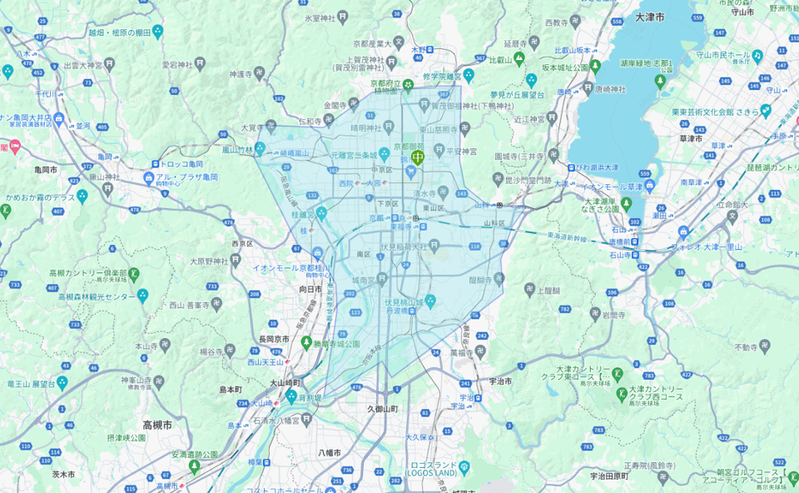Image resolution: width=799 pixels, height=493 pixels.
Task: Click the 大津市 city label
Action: coord(649,17)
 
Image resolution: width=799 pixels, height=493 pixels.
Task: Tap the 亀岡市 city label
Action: coord(41,169)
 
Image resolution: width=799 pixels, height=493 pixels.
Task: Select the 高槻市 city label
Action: coord(156,424)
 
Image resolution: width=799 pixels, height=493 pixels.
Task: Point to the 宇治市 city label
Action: coord(499,381)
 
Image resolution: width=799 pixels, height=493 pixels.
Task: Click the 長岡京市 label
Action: coord(274,339)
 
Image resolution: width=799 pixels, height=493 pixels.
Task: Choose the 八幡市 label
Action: coord(330,452)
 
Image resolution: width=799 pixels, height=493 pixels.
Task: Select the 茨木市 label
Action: coord(63,474)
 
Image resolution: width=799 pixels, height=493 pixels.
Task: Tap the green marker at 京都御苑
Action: coord(418,155)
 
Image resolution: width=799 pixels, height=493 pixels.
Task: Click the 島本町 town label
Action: coord(230,389)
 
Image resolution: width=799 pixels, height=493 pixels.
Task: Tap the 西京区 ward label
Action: coord(242,244)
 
